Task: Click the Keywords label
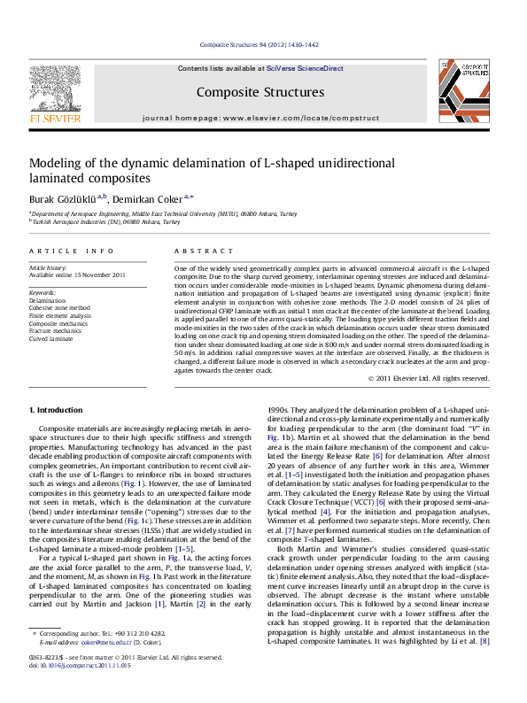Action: coord(43,290)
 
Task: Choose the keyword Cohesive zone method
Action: coord(60,307)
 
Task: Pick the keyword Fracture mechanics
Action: coord(56,330)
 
